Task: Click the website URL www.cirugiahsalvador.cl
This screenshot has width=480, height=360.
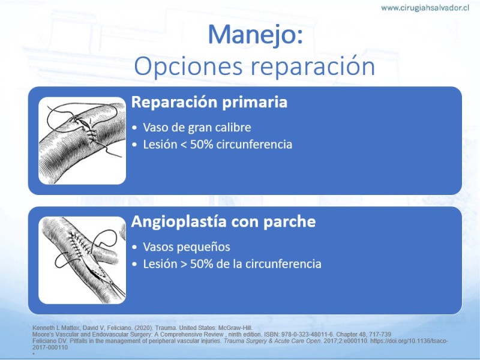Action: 425,8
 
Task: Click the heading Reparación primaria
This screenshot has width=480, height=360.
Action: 209,102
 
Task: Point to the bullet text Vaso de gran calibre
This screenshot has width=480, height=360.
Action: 197,127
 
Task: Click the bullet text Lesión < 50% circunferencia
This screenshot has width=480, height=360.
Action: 218,144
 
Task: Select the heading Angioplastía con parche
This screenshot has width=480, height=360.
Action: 223,221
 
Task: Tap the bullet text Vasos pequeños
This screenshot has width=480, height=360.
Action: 187,247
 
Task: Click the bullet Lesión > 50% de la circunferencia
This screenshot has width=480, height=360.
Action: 232,263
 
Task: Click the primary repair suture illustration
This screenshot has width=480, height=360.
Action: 82,140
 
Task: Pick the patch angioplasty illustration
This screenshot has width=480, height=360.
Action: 82,260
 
